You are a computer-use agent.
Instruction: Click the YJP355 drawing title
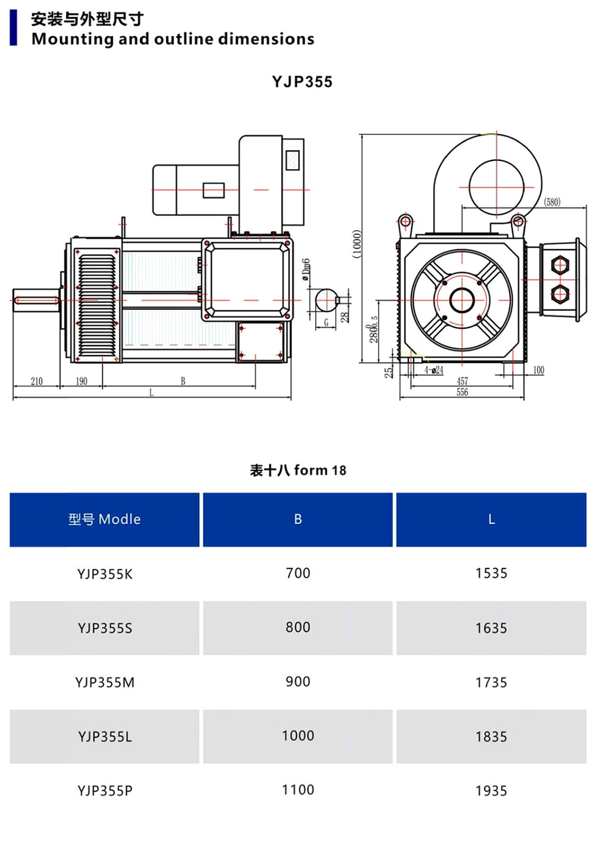coord(302,82)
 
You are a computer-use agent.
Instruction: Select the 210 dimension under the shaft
coord(36,381)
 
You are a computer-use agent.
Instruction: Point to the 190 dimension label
coord(82,381)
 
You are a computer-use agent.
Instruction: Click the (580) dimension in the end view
coord(552,202)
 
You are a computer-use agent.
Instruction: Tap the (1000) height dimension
coord(357,244)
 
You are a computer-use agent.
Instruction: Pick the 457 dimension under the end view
coord(462,381)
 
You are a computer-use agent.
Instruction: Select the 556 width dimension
coord(462,392)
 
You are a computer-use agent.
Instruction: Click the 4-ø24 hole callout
coord(434,370)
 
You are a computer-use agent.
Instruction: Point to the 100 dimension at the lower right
coord(539,370)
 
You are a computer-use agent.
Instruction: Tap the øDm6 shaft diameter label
coord(306,269)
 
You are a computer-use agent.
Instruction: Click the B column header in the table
coord(298,519)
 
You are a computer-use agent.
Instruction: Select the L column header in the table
coord(491,519)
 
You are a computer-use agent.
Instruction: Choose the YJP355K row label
coord(105,574)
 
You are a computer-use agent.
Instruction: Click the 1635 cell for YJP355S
coord(491,628)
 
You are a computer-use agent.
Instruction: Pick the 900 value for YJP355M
coord(298,682)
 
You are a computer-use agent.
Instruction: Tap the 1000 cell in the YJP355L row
coord(298,736)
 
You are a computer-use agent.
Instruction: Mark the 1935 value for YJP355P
coord(491,791)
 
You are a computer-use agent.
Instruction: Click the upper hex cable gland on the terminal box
coord(560,266)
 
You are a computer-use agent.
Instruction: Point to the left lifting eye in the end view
coord(405,221)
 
